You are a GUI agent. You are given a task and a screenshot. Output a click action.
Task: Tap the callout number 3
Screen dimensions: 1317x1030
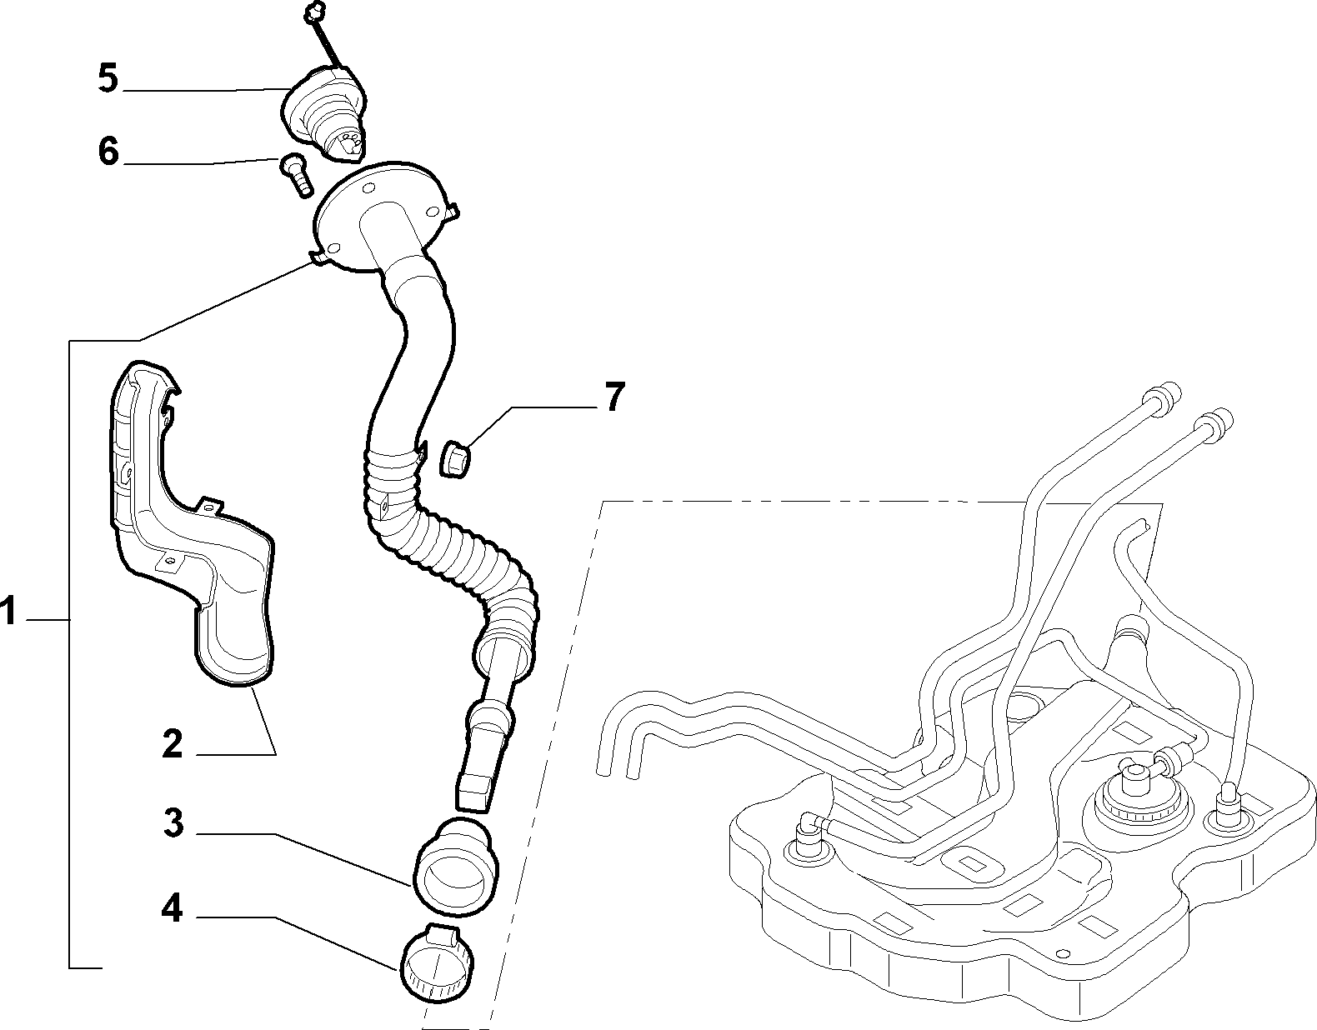(x=174, y=823)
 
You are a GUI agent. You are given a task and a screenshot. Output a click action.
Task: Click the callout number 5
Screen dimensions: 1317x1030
(x=108, y=79)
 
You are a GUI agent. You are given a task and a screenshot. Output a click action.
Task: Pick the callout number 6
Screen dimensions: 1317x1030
(x=108, y=152)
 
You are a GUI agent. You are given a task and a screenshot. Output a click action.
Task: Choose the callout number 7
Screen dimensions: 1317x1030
(x=614, y=397)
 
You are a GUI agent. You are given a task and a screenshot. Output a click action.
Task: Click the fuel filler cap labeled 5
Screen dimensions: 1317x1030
(x=325, y=114)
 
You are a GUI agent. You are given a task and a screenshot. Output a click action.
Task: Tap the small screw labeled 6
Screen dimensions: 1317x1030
(x=295, y=174)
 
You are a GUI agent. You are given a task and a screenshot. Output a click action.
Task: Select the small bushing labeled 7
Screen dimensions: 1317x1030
(x=457, y=459)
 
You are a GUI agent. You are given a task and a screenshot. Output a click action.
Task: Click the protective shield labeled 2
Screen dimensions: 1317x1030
(x=193, y=527)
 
